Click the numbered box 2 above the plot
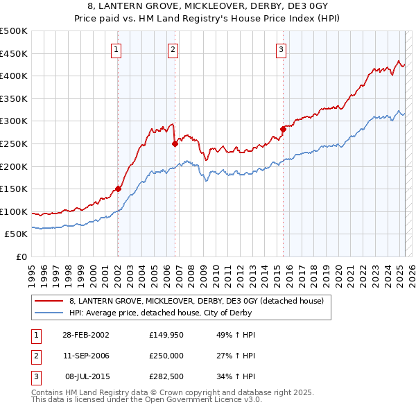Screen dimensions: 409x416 pyautogui.click(x=172, y=49)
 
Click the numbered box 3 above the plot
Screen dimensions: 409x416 pyautogui.click(x=281, y=49)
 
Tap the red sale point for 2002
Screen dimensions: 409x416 pyautogui.click(x=118, y=189)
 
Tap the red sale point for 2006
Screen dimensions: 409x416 pyautogui.click(x=175, y=143)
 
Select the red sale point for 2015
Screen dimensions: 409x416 pyautogui.click(x=283, y=129)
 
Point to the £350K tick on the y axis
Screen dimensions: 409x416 pyautogui.click(x=14, y=99)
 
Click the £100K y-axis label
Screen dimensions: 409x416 pyautogui.click(x=14, y=212)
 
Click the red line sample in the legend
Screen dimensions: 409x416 pyautogui.click(x=49, y=301)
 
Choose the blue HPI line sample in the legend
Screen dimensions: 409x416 pyautogui.click(x=49, y=313)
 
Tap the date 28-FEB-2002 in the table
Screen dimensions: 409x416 pyautogui.click(x=84, y=335)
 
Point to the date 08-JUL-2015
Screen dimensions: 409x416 pyautogui.click(x=84, y=378)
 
